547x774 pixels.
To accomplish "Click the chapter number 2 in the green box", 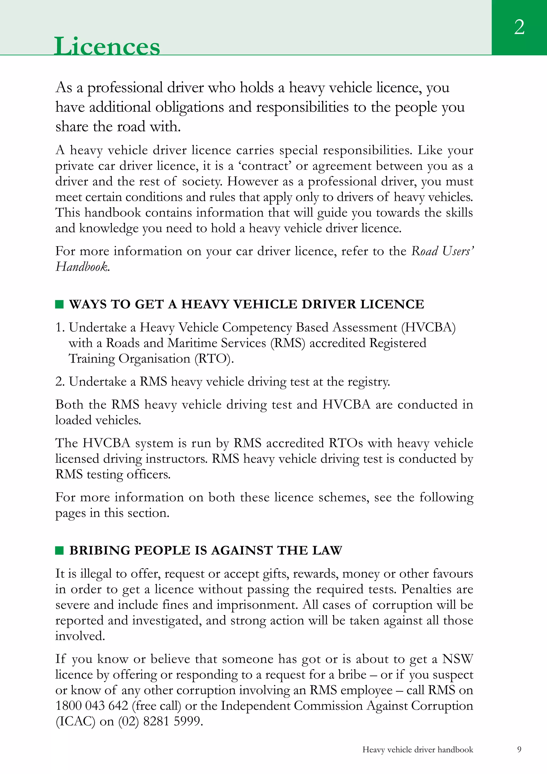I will click(519, 27).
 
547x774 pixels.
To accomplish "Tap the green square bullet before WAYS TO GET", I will click(59, 304).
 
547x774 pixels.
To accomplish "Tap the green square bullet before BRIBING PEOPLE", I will click(59, 550).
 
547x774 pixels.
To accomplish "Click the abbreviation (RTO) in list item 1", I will click(214, 359).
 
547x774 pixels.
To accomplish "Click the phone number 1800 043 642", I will click(92, 706).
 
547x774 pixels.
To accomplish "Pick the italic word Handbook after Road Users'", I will click(82, 267).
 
